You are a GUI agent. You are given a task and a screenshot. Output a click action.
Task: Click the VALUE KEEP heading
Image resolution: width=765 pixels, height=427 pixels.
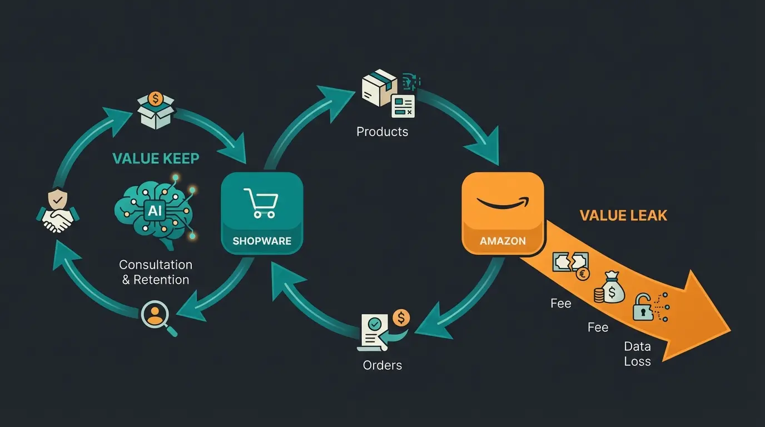[x=156, y=158]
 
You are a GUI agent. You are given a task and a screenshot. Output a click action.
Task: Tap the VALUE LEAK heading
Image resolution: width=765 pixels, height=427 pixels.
[x=623, y=215]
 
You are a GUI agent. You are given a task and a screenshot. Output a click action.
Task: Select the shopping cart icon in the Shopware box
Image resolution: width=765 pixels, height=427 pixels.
[x=260, y=203]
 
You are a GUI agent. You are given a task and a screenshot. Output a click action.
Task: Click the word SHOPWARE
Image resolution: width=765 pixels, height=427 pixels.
[x=261, y=241]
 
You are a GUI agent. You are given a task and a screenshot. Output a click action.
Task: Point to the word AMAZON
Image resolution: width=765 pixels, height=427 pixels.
[x=503, y=241]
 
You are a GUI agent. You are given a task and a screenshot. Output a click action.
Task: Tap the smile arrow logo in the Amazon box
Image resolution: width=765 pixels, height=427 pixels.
[x=503, y=203]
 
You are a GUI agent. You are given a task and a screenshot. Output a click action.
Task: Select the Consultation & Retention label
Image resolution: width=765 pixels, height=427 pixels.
[x=156, y=272]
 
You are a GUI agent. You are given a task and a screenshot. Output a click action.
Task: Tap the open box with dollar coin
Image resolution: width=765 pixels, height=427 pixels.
[x=156, y=111]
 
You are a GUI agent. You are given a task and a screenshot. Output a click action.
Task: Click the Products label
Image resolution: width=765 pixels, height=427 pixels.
[x=382, y=132]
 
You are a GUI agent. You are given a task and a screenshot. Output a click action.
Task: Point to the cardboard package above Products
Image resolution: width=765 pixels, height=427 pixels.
[x=379, y=88]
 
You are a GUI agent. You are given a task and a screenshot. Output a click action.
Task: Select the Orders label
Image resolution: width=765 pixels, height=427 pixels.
[x=382, y=365]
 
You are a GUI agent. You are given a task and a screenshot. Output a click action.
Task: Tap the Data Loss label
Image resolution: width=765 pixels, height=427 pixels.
[x=637, y=354]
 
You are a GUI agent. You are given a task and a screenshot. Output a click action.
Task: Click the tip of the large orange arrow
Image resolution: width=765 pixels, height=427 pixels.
[x=729, y=328]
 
